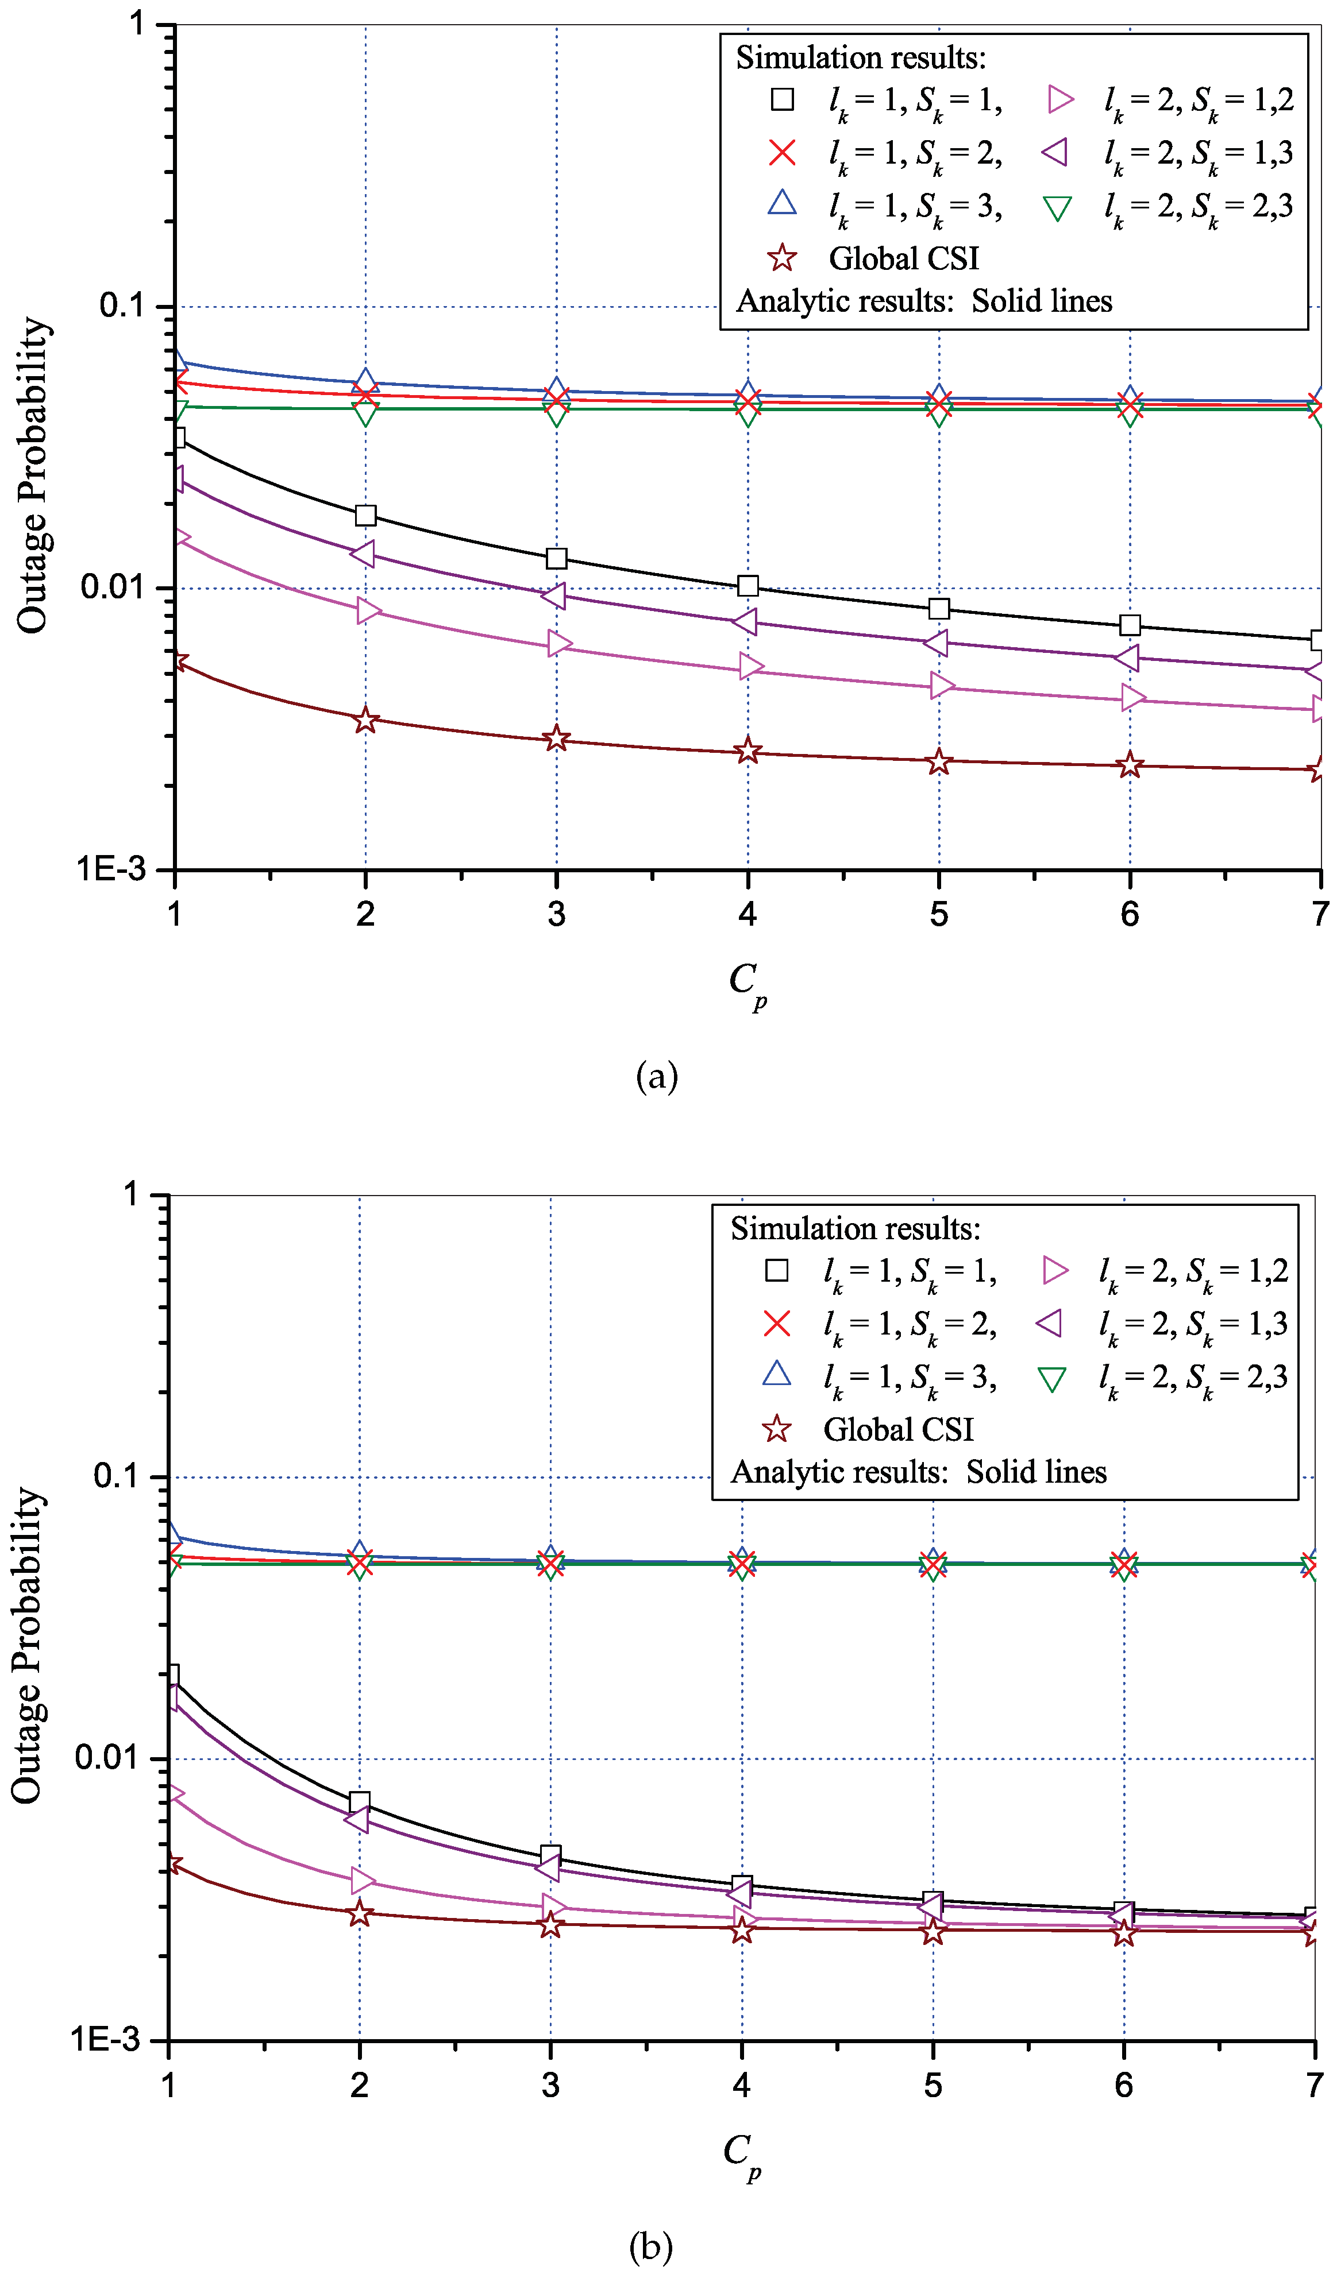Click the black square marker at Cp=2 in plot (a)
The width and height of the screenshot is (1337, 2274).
tap(365, 515)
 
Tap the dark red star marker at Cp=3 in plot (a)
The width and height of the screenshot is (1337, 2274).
tap(556, 738)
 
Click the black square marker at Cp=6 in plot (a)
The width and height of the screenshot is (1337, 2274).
tap(1130, 625)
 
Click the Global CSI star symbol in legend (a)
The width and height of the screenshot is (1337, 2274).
tap(782, 259)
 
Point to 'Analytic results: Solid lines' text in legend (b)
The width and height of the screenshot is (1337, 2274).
tap(918, 1472)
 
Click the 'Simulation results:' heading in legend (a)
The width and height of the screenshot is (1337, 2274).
tap(860, 58)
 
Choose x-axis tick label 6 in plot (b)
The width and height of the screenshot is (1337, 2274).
tap(1123, 2086)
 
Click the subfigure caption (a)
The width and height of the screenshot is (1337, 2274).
tap(656, 1077)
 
